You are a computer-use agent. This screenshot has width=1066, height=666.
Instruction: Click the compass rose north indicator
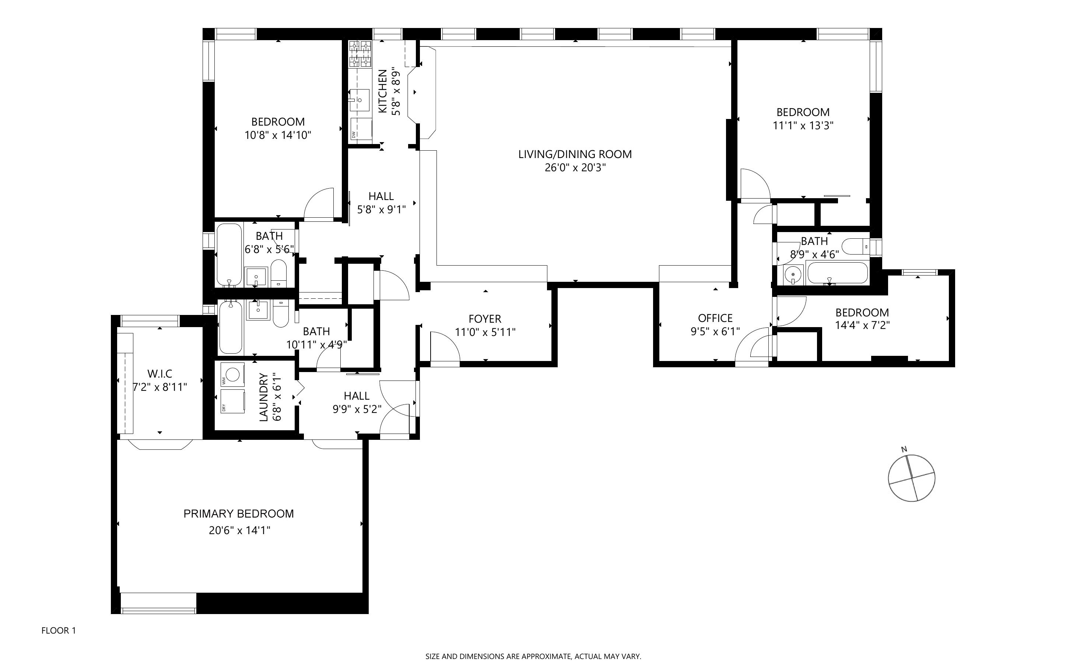pos(904,449)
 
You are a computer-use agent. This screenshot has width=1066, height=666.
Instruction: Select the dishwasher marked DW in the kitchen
pos(361,129)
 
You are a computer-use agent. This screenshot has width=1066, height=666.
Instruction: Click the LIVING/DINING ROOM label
pos(575,154)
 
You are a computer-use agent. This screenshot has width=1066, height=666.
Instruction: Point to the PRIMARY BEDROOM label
pos(238,513)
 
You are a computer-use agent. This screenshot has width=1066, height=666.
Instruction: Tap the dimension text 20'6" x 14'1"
pos(239,530)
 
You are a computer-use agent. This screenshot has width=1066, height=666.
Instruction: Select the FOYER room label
pos(485,319)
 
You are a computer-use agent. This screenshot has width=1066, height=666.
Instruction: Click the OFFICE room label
pos(715,318)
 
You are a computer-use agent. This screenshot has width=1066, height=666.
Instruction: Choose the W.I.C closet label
pos(159,374)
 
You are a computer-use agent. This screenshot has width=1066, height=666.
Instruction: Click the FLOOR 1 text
pos(59,630)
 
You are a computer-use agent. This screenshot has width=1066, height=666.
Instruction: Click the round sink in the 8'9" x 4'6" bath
pos(793,275)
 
